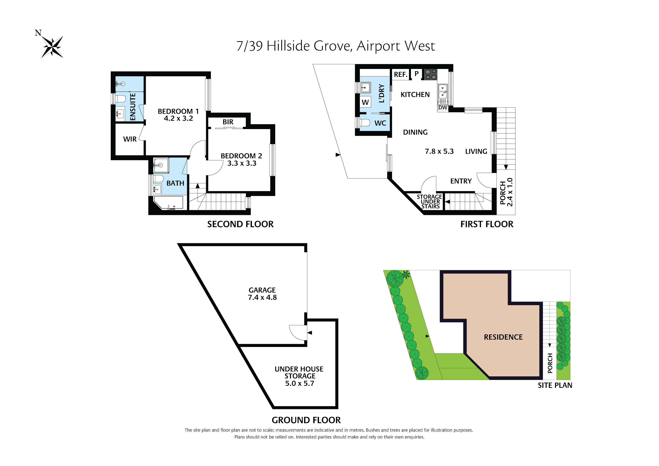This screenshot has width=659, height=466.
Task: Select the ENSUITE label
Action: click(133, 107)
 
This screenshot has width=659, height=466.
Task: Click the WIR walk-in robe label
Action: click(130, 139)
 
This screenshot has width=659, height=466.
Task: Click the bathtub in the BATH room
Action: click(169, 203)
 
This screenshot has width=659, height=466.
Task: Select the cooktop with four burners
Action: click(431, 74)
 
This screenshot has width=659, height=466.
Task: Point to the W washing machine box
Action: click(365, 102)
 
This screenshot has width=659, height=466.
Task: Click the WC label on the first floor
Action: click(380, 123)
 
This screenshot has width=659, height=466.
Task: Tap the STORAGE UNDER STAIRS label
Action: click(430, 202)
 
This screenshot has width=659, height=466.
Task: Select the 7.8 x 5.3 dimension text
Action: click(439, 151)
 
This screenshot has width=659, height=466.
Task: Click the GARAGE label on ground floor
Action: click(262, 290)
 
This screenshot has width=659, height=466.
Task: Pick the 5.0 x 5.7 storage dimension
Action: click(299, 383)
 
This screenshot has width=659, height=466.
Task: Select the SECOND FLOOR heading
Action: click(240, 224)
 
